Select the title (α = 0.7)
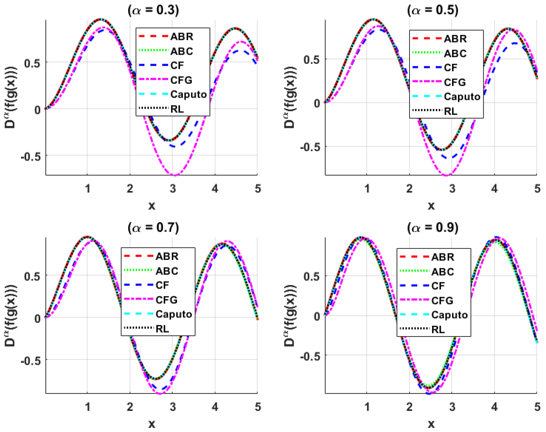point(153,228)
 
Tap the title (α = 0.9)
point(433,228)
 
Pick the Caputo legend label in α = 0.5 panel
point(462,97)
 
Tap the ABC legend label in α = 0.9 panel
point(443,272)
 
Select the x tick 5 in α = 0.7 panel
point(258,407)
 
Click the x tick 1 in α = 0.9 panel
point(367,407)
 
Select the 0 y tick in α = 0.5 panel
point(317,103)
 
